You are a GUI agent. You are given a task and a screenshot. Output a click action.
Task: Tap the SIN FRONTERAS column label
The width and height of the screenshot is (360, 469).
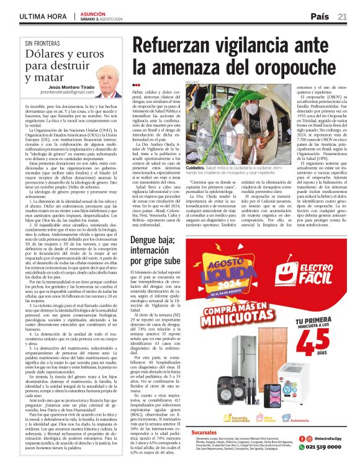pyautogui.click(x=45, y=44)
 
